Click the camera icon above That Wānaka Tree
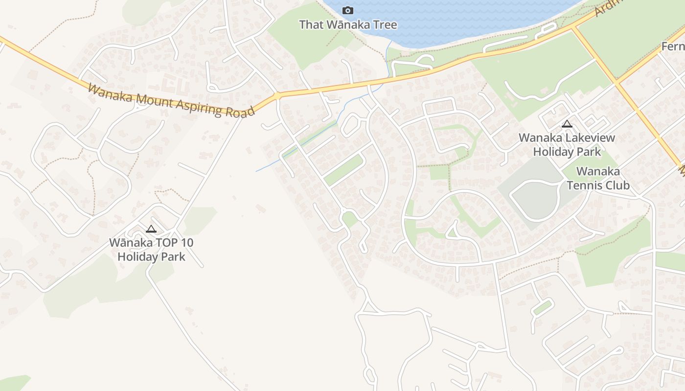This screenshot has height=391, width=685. (x=348, y=10)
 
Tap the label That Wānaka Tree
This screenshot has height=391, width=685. (x=348, y=24)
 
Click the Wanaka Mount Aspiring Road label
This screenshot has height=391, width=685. (x=171, y=100)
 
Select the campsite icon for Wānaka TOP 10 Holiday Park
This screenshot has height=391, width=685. (x=151, y=229)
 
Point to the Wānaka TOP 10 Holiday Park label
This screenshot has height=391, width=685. (x=151, y=249)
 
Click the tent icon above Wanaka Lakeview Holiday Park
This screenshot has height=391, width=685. (x=567, y=124)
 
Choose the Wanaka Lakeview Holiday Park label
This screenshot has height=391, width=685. (x=567, y=145)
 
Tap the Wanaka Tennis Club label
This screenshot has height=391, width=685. (x=598, y=178)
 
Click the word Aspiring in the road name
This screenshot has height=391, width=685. (x=198, y=106)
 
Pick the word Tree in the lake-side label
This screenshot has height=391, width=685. (x=384, y=24)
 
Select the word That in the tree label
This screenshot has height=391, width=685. (x=311, y=24)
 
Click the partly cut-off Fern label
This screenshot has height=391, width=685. (x=673, y=46)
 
